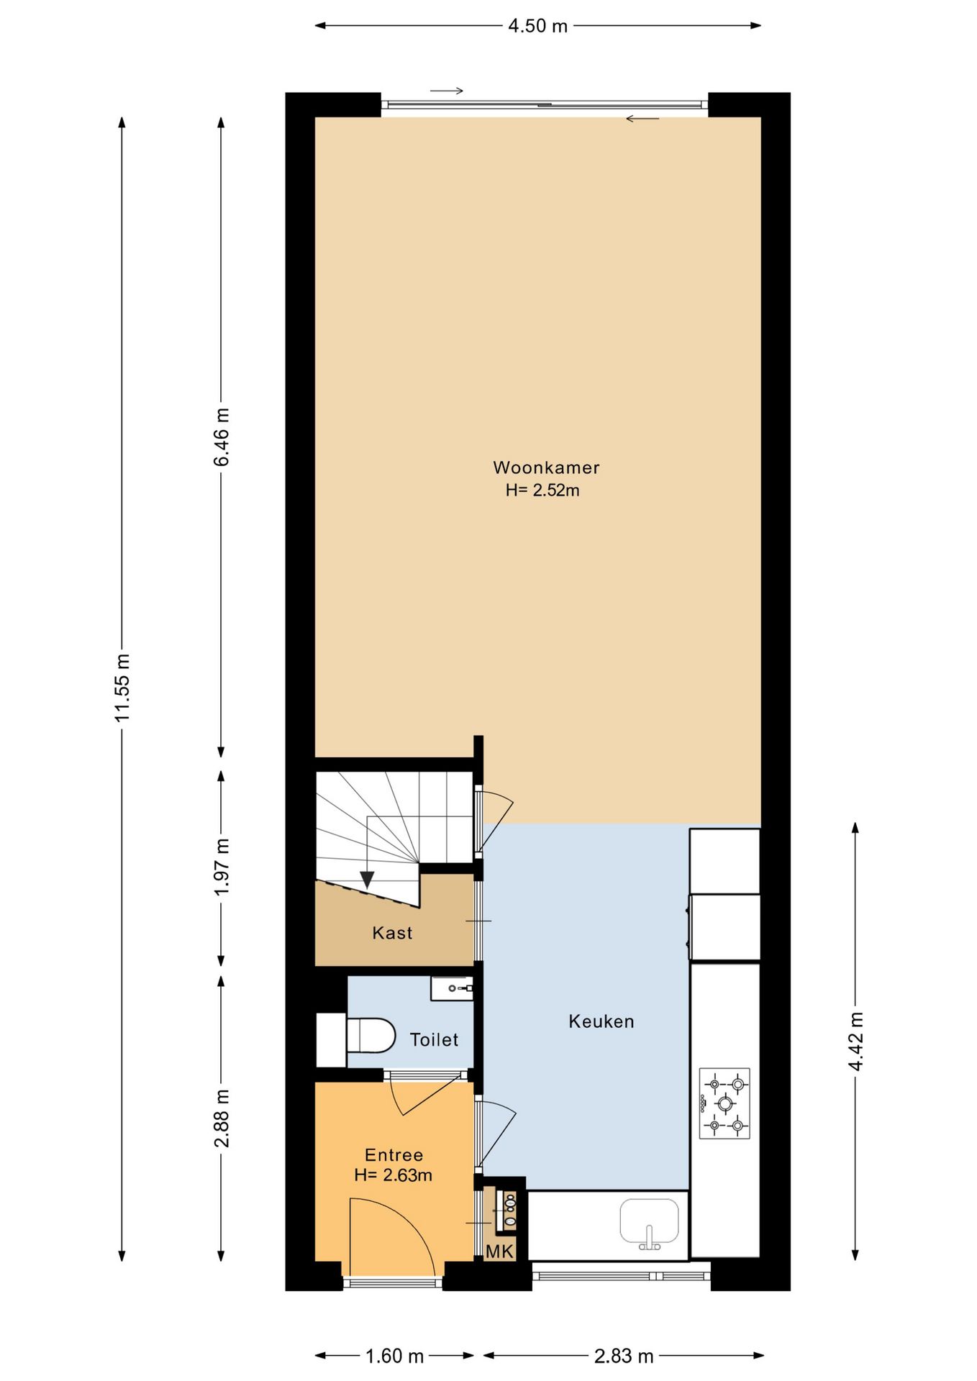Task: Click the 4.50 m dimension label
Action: click(537, 27)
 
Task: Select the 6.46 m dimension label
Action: click(222, 437)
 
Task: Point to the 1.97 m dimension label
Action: click(222, 867)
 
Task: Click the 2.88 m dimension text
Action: click(222, 1118)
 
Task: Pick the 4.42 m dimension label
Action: click(855, 1041)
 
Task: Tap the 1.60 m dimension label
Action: click(394, 1356)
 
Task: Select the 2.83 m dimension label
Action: click(624, 1356)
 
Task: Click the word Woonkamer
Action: click(546, 468)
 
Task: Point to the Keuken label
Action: click(601, 1021)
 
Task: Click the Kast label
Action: click(392, 933)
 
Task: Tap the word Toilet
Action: click(434, 1039)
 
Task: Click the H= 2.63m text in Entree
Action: click(394, 1175)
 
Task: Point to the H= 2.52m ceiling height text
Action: click(542, 491)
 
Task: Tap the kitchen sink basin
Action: click(650, 1221)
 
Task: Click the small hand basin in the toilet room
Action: click(452, 988)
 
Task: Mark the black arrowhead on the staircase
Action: click(367, 879)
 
